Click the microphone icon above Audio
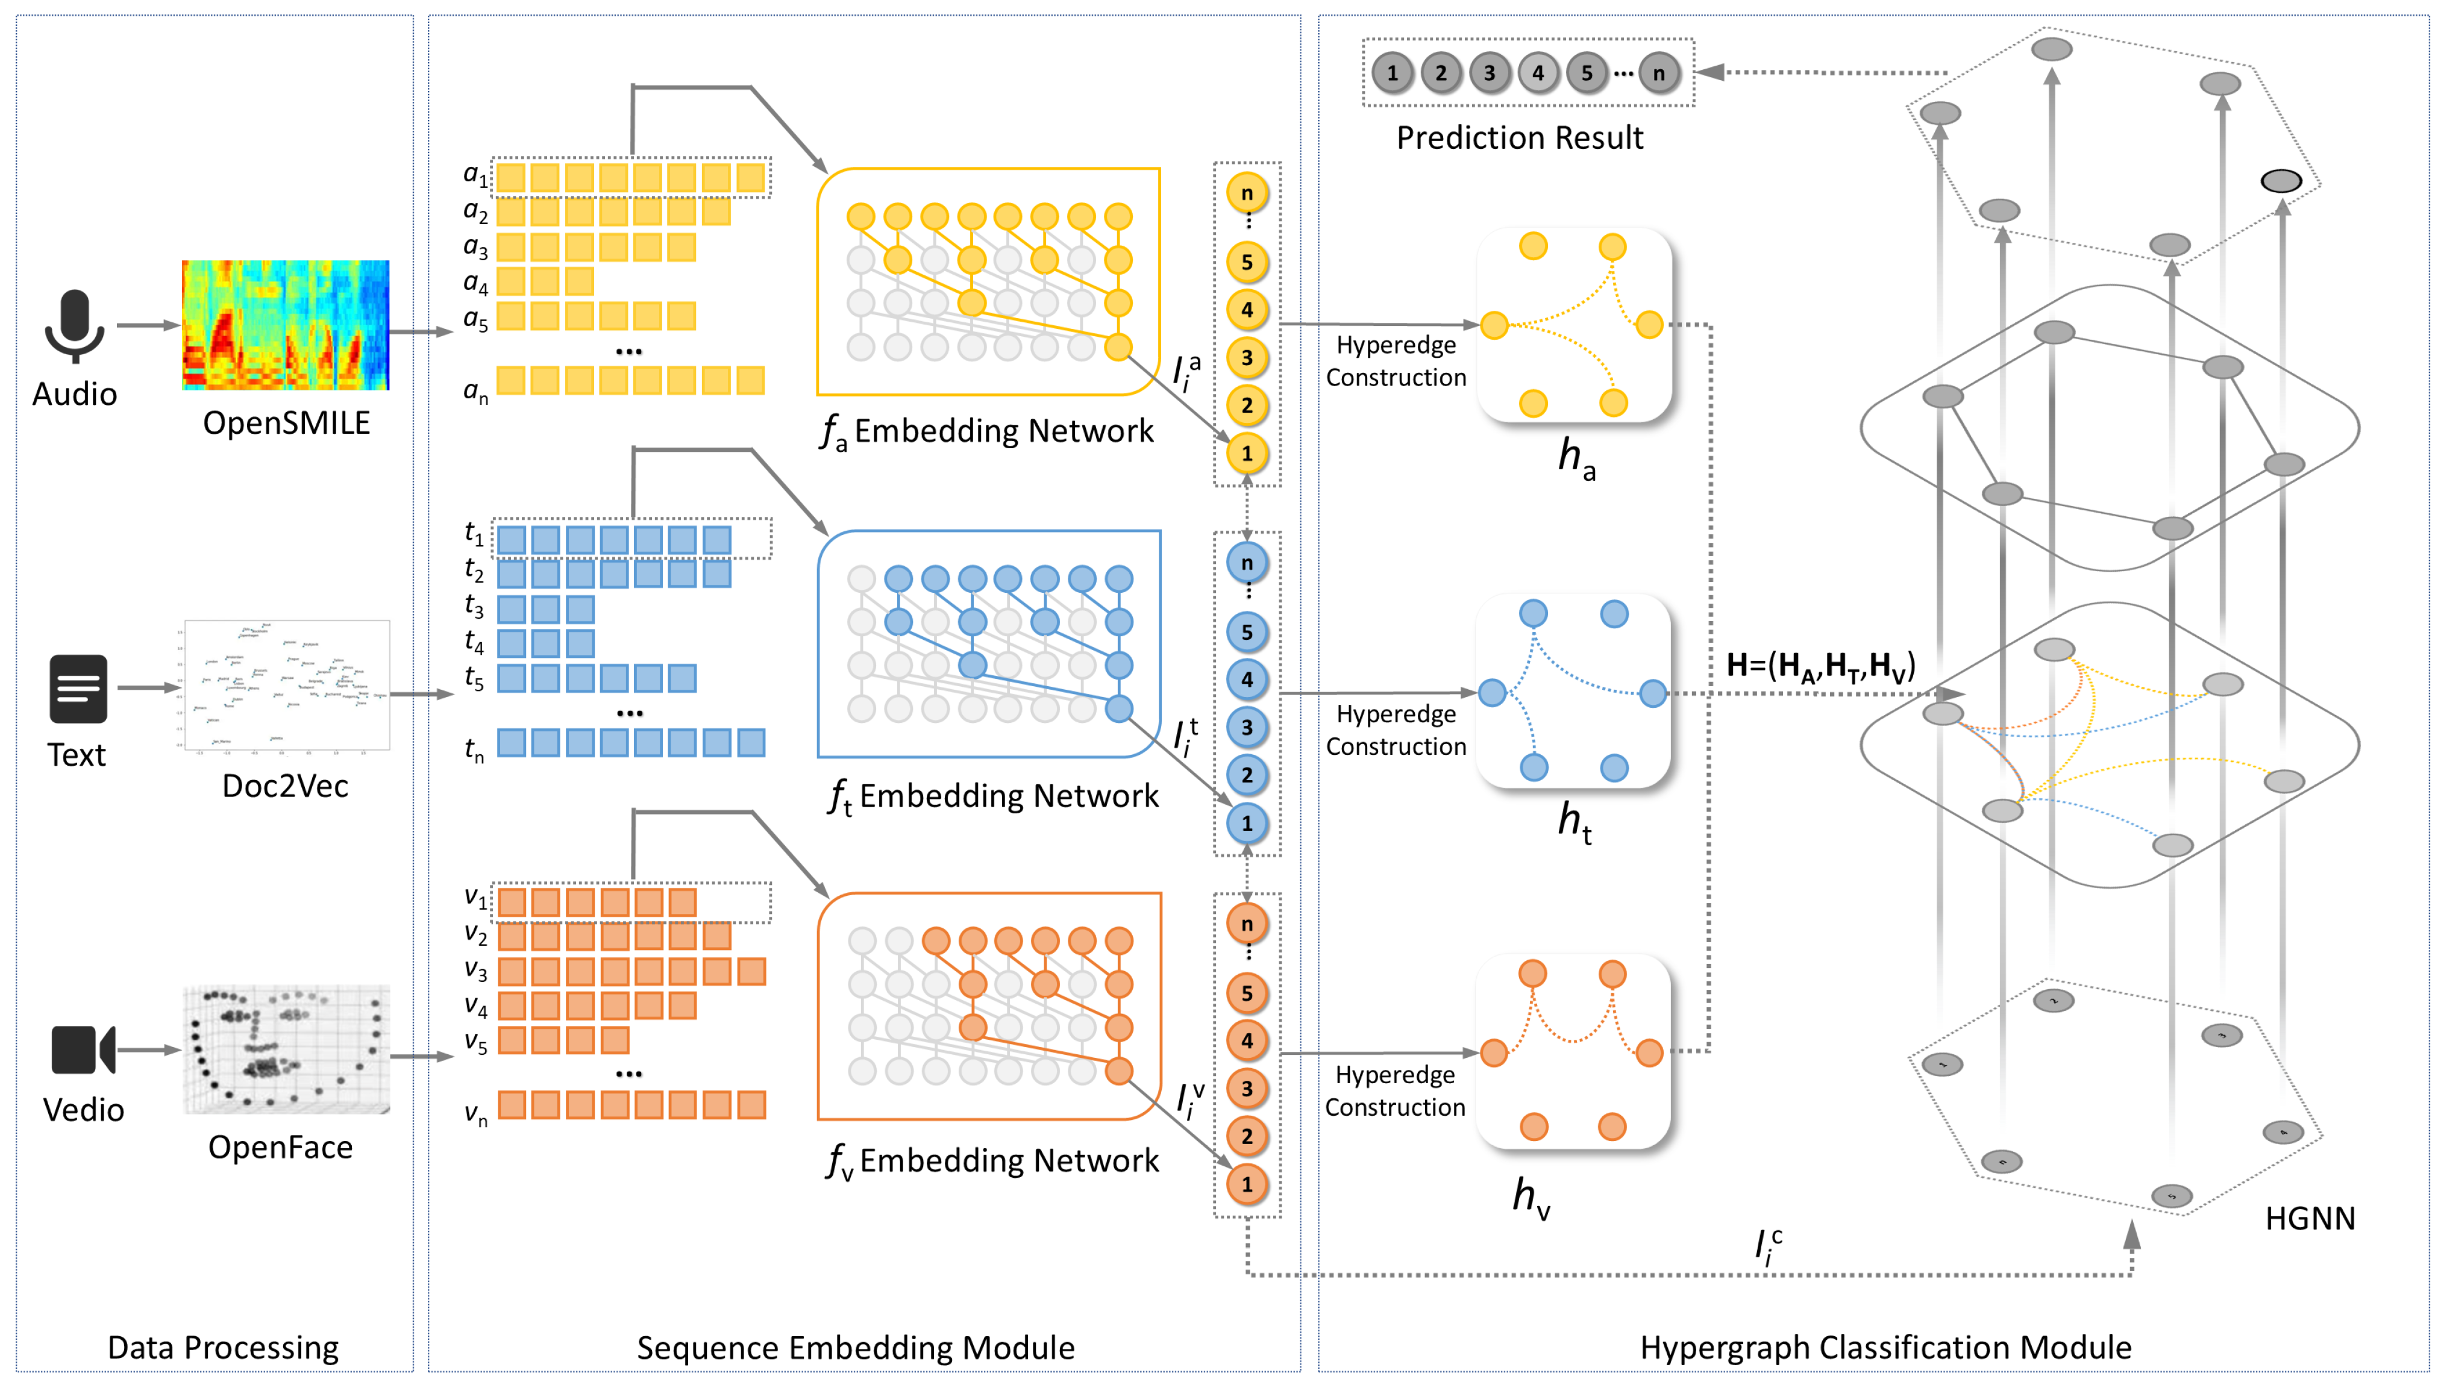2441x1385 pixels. point(74,325)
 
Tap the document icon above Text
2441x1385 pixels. point(78,688)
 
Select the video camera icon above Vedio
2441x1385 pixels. point(82,1049)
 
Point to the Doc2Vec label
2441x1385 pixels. point(284,786)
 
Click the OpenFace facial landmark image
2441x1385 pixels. point(286,1049)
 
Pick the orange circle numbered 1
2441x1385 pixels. point(1246,1184)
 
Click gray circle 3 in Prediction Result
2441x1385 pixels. point(1489,73)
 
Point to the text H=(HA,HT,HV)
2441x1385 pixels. point(1819,666)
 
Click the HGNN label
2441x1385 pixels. point(2309,1219)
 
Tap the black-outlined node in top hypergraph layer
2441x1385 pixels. point(2280,181)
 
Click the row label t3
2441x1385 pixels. point(474,606)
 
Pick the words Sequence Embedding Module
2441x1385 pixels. point(855,1347)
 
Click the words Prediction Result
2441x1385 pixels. point(1519,138)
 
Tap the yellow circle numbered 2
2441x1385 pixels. point(1246,405)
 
